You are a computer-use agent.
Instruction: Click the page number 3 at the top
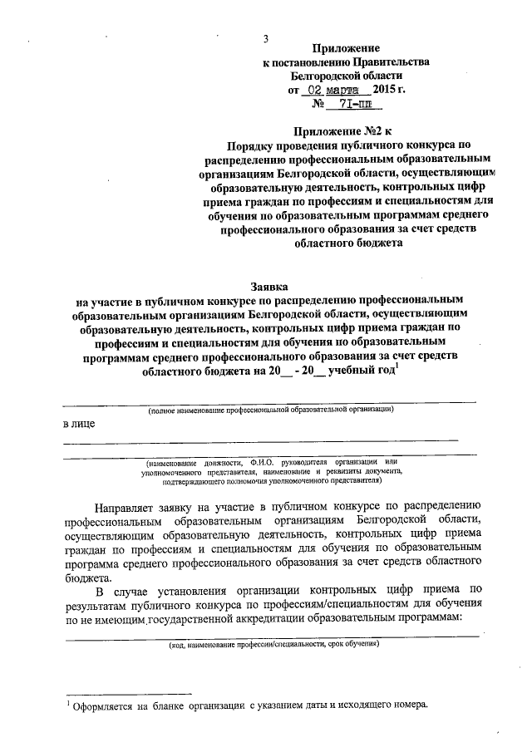[266, 37]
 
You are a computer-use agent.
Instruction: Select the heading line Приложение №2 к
[347, 130]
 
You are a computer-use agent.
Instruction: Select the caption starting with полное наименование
[270, 410]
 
